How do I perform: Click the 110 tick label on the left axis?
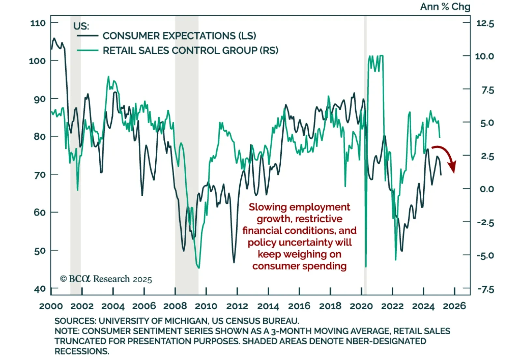[38, 23]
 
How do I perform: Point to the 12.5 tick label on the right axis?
[485, 23]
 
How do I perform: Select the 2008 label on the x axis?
[175, 306]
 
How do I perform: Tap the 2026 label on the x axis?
[455, 306]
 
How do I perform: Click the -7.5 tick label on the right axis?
[485, 289]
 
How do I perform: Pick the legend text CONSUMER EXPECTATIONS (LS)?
[179, 36]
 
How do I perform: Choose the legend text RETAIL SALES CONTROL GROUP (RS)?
[190, 51]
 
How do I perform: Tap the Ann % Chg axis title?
[445, 7]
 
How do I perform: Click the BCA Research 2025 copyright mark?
[106, 279]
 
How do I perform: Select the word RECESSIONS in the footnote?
[82, 352]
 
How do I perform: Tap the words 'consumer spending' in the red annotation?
[299, 266]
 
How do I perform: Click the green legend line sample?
[87, 50]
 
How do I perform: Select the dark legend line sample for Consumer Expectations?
[87, 35]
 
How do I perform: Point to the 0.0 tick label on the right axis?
[487, 189]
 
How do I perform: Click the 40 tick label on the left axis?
[40, 289]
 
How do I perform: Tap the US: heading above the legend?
[81, 26]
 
